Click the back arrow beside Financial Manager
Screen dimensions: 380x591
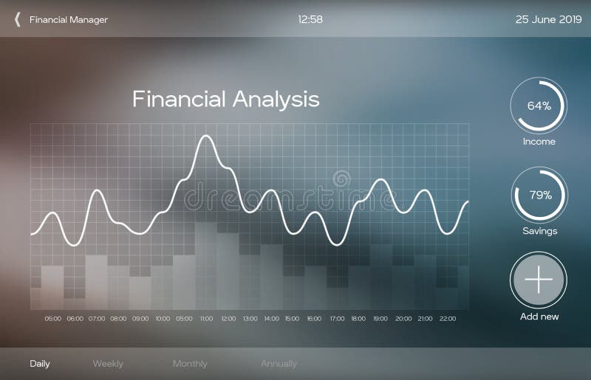click(x=17, y=19)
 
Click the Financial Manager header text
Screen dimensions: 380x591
click(x=69, y=20)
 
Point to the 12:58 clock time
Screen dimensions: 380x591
click(x=310, y=19)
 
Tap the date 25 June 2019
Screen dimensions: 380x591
click(x=548, y=19)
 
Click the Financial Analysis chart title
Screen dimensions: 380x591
click(x=225, y=99)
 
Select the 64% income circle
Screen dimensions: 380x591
click(x=539, y=106)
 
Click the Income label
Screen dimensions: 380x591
click(x=539, y=142)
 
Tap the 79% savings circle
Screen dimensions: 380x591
click(x=539, y=196)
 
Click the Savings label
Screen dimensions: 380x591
click(x=539, y=231)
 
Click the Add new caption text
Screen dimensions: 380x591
click(x=539, y=317)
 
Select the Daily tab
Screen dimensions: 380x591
click(x=40, y=364)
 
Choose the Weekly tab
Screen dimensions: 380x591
click(x=108, y=364)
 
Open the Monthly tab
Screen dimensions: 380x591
click(x=190, y=364)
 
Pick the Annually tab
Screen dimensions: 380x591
click(x=279, y=364)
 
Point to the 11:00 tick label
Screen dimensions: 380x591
click(x=206, y=319)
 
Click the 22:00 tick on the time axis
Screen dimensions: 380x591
click(x=448, y=319)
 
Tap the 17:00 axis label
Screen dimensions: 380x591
click(x=337, y=319)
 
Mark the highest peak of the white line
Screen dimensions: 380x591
click(x=206, y=136)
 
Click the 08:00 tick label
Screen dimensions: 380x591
click(x=118, y=319)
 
